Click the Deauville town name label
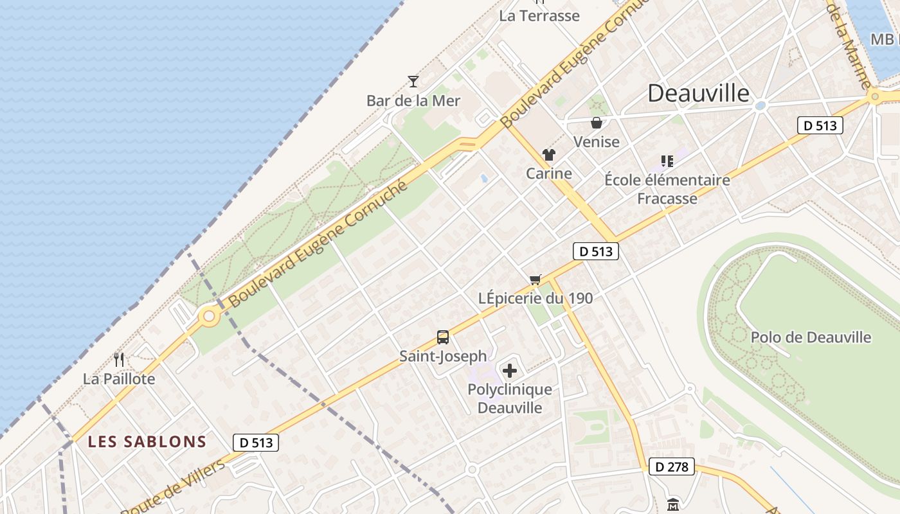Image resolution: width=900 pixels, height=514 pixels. coord(698,94)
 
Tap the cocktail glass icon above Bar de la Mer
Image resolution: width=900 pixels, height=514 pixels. coord(413,82)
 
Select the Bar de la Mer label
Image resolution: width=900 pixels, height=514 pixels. coord(413,101)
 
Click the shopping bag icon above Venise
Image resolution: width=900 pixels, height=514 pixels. coord(597,123)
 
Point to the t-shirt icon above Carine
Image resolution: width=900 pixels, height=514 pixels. coord(548,155)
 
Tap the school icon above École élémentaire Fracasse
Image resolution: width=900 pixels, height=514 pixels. coord(667,161)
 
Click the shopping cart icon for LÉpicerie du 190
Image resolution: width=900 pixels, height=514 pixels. coord(535,279)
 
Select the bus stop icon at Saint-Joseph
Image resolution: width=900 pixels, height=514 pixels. coord(443,337)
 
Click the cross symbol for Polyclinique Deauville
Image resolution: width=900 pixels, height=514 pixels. coord(510,371)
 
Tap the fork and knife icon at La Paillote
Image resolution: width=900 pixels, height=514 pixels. coord(119,360)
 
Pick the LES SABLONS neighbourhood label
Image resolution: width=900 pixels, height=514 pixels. coord(147,442)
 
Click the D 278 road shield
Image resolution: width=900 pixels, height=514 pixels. coord(672,467)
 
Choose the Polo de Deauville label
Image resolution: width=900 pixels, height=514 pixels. coord(811,337)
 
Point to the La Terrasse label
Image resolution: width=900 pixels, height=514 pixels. coord(539,16)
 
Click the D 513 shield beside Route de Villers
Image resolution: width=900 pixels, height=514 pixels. coord(256,443)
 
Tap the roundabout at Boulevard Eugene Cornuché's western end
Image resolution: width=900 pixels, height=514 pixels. coord(208,316)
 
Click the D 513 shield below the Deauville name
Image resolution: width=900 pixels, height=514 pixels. coord(820,125)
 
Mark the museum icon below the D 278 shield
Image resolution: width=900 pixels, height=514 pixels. coord(673,504)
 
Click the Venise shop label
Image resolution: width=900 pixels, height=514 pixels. coord(597,142)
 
